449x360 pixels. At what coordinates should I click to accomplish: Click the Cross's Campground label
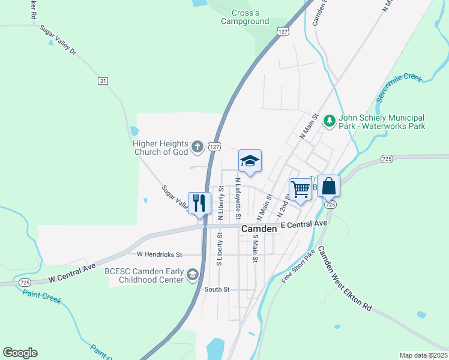[x=245, y=17]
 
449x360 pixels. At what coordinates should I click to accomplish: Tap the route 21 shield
[x=103, y=80]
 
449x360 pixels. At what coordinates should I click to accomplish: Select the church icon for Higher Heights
[x=197, y=146]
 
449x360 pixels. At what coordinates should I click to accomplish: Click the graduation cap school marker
[x=250, y=161]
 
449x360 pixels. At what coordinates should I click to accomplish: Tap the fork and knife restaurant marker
[x=199, y=203]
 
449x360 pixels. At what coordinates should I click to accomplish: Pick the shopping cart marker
[x=300, y=189]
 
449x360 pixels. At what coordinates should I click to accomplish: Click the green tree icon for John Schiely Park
[x=329, y=121]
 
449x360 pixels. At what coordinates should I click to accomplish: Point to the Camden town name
[x=259, y=229]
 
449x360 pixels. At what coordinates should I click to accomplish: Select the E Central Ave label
[x=304, y=224]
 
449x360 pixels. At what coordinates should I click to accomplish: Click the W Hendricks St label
[x=159, y=254]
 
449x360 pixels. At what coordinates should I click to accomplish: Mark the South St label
[x=217, y=289]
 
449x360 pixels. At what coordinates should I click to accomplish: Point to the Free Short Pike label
[x=298, y=265]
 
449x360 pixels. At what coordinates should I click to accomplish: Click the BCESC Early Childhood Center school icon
[x=192, y=275]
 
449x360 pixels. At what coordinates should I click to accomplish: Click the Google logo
[x=20, y=353]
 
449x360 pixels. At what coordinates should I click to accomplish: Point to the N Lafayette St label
[x=238, y=197]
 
